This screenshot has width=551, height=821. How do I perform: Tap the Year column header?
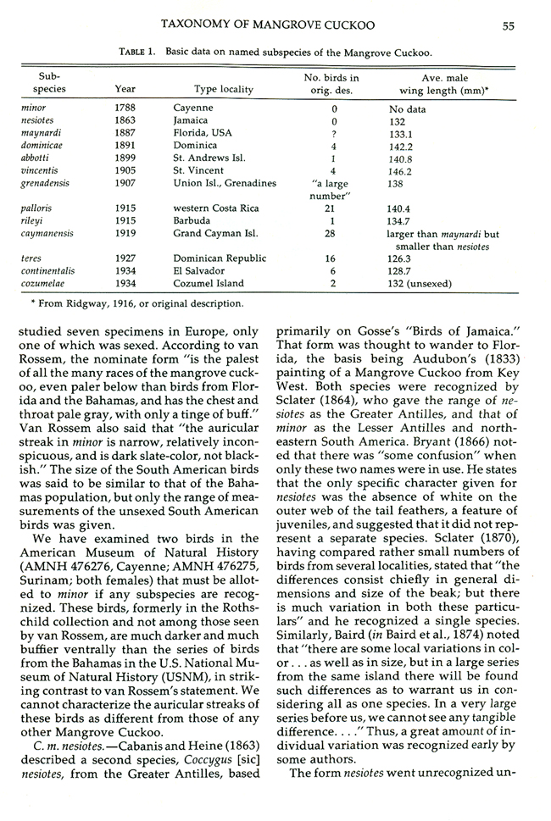click(x=125, y=89)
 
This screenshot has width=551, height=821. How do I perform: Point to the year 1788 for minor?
click(x=125, y=108)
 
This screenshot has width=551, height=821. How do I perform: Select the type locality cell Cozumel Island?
click(x=209, y=284)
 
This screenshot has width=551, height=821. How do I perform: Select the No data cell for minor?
click(x=409, y=108)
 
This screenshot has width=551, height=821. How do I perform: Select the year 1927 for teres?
click(x=125, y=258)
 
